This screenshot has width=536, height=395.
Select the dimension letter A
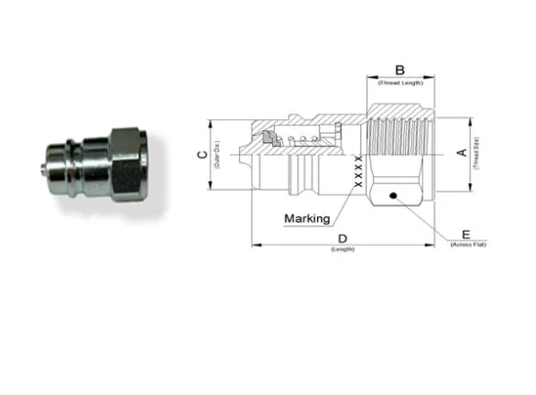pyautogui.click(x=463, y=152)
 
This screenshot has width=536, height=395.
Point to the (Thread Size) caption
pyautogui.click(x=476, y=152)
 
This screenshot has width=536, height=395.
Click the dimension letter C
pyautogui.click(x=202, y=155)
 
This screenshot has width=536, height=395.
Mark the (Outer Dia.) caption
pyautogui.click(x=216, y=155)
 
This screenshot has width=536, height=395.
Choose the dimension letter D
pyautogui.click(x=343, y=239)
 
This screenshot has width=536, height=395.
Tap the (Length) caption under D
pyautogui.click(x=343, y=250)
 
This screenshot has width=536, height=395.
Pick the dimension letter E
pyautogui.click(x=466, y=235)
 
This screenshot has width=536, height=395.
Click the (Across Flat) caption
pyautogui.click(x=467, y=246)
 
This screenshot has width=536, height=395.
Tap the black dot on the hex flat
pyautogui.click(x=392, y=194)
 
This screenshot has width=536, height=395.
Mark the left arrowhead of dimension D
pyautogui.click(x=256, y=246)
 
